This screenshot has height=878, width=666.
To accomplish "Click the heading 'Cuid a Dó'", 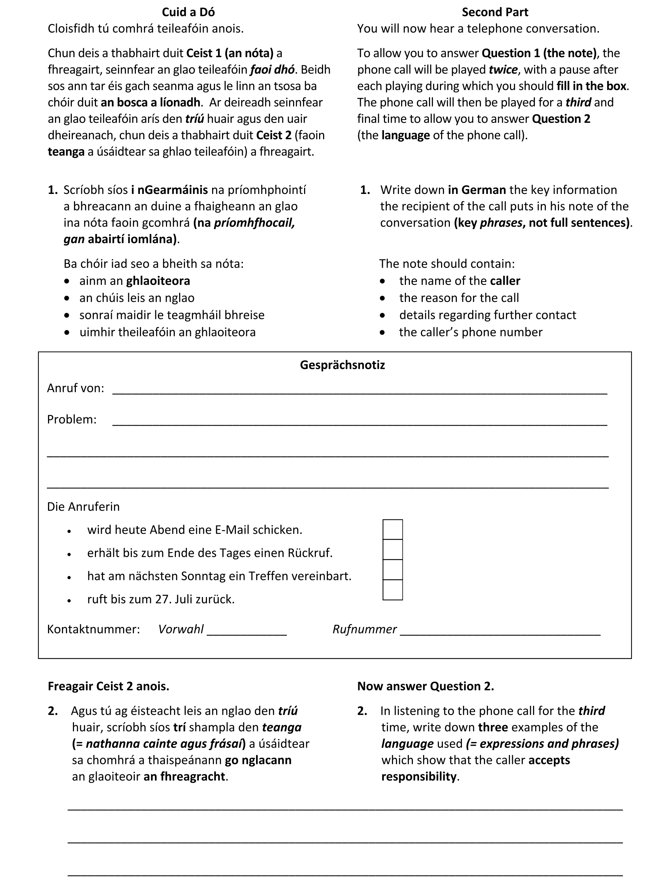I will [x=188, y=12].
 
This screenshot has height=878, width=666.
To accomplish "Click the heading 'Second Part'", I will [x=495, y=12].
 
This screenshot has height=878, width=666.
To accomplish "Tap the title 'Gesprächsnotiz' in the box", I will [x=342, y=365].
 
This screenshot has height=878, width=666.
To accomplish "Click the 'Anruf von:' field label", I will [x=75, y=388].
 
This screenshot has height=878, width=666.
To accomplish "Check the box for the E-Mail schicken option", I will [x=392, y=529].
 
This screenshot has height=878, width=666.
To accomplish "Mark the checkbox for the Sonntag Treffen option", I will [x=392, y=570].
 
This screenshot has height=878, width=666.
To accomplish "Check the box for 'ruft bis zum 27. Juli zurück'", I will [x=392, y=590].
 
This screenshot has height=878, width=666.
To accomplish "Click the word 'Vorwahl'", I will [x=181, y=629].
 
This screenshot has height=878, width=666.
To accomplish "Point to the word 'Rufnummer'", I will [x=364, y=629].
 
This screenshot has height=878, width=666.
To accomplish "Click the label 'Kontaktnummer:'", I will [x=93, y=629].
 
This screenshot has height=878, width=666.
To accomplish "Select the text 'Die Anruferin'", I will [x=83, y=507].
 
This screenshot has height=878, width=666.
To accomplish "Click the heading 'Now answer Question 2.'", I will [x=425, y=686].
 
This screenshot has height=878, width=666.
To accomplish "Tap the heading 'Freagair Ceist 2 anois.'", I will [x=108, y=686].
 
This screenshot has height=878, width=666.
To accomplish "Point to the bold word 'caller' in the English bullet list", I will [x=504, y=281].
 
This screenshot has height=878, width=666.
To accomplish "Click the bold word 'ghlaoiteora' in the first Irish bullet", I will [x=158, y=281].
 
